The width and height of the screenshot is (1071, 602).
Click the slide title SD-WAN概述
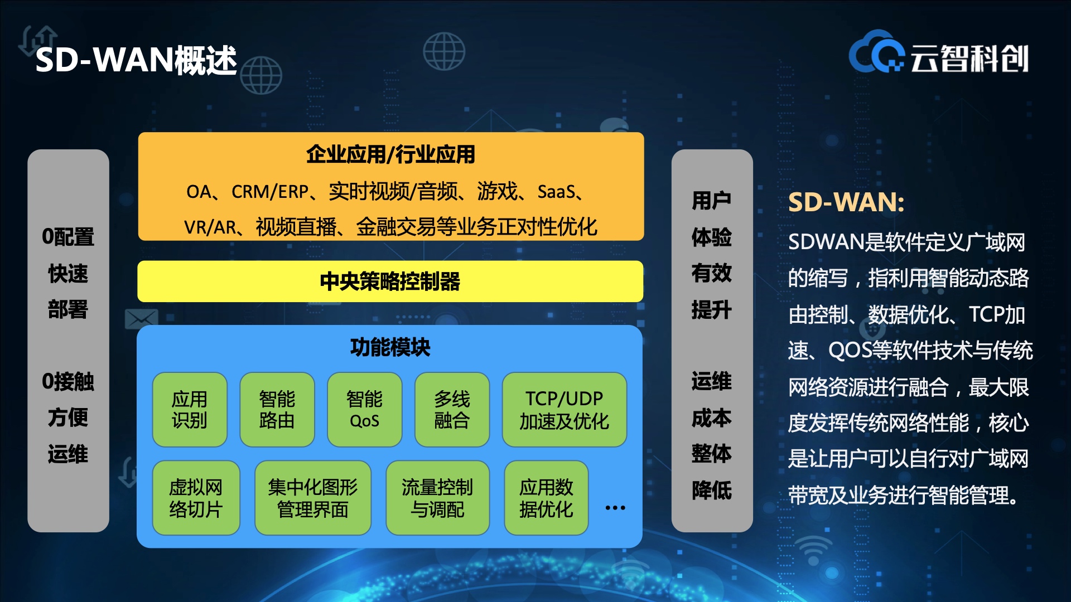pyautogui.click(x=136, y=60)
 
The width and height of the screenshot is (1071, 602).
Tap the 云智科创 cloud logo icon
pyautogui.click(x=876, y=52)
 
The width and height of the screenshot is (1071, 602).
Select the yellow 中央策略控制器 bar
pyautogui.click(x=390, y=281)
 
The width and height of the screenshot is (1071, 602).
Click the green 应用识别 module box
pyautogui.click(x=190, y=410)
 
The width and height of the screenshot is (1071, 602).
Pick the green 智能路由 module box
pyautogui.click(x=277, y=410)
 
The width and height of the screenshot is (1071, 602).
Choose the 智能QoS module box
pyautogui.click(x=364, y=410)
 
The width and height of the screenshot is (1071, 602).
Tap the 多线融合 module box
pyautogui.click(x=452, y=410)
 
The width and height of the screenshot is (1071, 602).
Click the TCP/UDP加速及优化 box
pyautogui.click(x=565, y=410)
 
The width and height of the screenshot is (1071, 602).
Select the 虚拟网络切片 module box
pyautogui.click(x=196, y=498)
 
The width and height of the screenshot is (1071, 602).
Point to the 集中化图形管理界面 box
pyautogui.click(x=313, y=498)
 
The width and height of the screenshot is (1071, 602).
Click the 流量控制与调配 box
pyautogui.click(x=437, y=498)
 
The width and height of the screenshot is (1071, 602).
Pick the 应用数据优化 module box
pyautogui.click(x=546, y=498)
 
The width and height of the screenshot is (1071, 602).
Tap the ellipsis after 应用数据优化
pyautogui.click(x=615, y=508)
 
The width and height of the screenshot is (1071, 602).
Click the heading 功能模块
pyautogui.click(x=390, y=347)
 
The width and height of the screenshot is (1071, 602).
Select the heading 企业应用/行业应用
pyautogui.click(x=390, y=154)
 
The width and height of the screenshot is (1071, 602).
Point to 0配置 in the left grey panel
pyautogui.click(x=68, y=237)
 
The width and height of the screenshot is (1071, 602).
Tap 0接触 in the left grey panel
pyautogui.click(x=68, y=382)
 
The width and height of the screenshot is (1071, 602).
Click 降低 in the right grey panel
pyautogui.click(x=712, y=490)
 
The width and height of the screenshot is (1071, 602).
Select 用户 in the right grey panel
pyautogui.click(x=712, y=201)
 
